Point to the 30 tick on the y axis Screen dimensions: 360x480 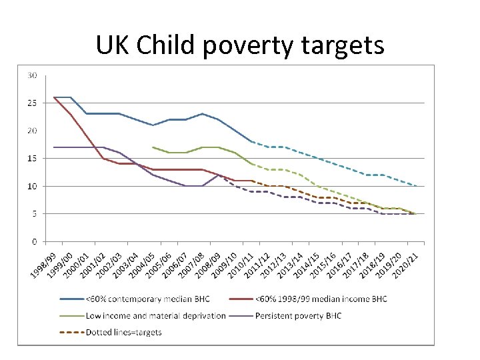[32, 75]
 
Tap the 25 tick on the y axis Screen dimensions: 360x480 [32, 103]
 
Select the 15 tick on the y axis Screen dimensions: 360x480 [32, 158]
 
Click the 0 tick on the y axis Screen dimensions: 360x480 [34, 241]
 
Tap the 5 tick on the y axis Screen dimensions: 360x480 [34, 213]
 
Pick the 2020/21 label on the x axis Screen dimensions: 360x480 [407, 265]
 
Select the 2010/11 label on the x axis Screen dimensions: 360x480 [241, 265]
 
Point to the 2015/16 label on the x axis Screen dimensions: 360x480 [324, 265]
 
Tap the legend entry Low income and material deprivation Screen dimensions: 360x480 [155, 315]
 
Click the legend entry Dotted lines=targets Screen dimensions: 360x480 [123, 331]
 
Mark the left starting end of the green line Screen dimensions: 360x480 [153, 147]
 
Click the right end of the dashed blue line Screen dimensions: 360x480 [416, 186]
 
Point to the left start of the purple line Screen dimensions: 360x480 [54, 147]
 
